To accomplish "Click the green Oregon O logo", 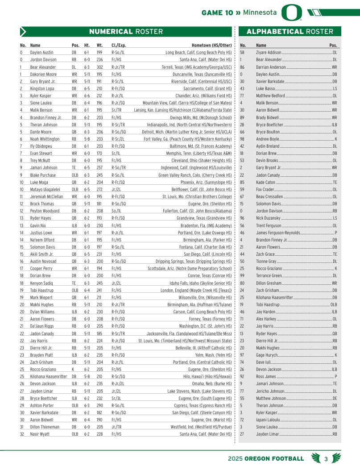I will pos(292,13).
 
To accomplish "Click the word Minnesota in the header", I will pos(260,12).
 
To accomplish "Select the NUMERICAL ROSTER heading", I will pos(126,32).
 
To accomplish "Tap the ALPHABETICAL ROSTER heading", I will pos(290,32).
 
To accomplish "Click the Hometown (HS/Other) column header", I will pos(211,46).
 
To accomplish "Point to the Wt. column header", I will pos(99,46).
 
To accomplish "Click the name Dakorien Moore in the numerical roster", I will pos(43,74).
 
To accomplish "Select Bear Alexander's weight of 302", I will pos(99,67).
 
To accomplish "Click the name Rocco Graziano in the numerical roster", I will pos(43,370).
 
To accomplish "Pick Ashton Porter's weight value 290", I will pos(99,405).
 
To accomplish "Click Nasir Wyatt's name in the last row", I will pos(41,434).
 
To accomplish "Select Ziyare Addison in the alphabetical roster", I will pos(269,53).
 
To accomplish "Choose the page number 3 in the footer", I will pos(326,458).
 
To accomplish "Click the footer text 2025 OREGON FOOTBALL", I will pos(265,458).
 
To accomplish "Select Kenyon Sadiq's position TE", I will pos(74,283).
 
